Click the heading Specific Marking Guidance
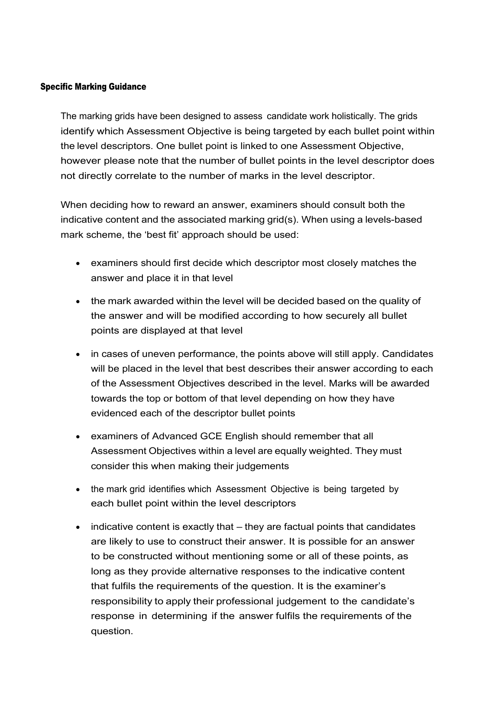tap(93, 87)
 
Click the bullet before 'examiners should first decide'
tap(78, 263)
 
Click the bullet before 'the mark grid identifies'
tap(78, 490)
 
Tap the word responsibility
tap(121, 601)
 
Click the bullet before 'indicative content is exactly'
tap(78, 527)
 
